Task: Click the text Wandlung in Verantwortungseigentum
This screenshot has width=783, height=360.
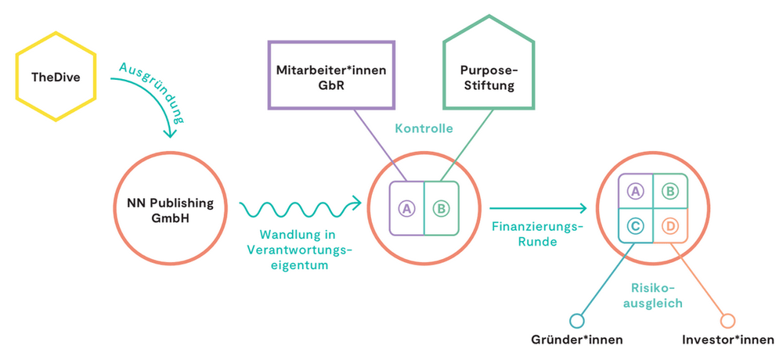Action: click(x=298, y=250)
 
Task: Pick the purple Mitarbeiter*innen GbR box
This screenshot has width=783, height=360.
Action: click(x=331, y=77)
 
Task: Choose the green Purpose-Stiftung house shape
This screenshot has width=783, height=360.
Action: click(x=488, y=77)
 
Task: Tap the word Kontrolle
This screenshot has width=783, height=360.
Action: click(x=424, y=128)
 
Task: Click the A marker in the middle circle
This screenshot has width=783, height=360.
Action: click(x=406, y=208)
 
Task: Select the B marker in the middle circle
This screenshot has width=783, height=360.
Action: click(x=441, y=208)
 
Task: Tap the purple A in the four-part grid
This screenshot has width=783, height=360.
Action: click(x=636, y=190)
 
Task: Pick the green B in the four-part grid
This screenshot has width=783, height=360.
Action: click(x=669, y=190)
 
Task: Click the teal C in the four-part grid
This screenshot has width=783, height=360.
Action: click(x=636, y=226)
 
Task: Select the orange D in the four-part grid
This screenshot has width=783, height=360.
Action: click(x=669, y=226)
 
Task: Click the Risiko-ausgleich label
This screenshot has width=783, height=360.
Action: click(x=652, y=295)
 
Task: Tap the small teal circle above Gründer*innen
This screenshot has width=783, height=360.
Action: click(x=577, y=320)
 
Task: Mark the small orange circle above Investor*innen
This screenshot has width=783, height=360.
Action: click(x=727, y=320)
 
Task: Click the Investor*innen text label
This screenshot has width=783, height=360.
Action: click(x=727, y=340)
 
